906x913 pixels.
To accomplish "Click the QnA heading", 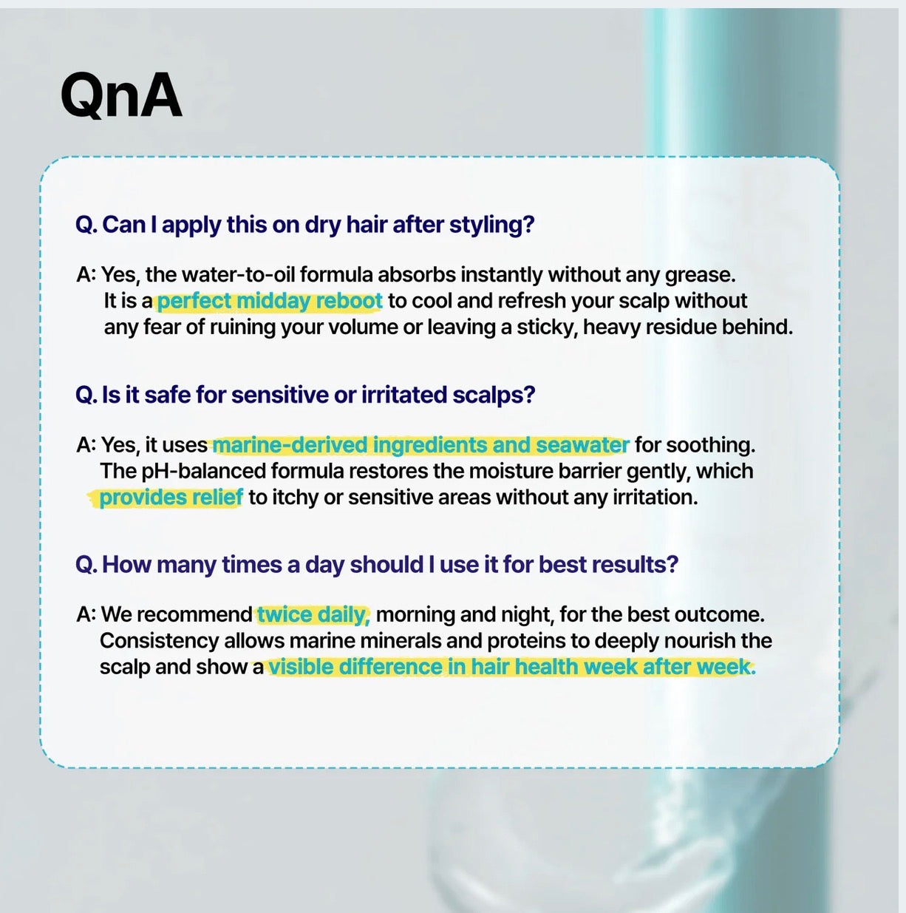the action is point(121,95).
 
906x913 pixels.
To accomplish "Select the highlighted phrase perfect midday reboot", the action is point(270,301).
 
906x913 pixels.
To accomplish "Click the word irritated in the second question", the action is point(404,395).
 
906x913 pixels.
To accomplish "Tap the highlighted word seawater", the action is point(583,445).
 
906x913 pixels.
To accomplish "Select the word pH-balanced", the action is point(203,472).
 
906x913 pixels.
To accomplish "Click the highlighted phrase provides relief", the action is point(171,498).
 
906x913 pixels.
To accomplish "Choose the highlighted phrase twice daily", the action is point(313,615).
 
